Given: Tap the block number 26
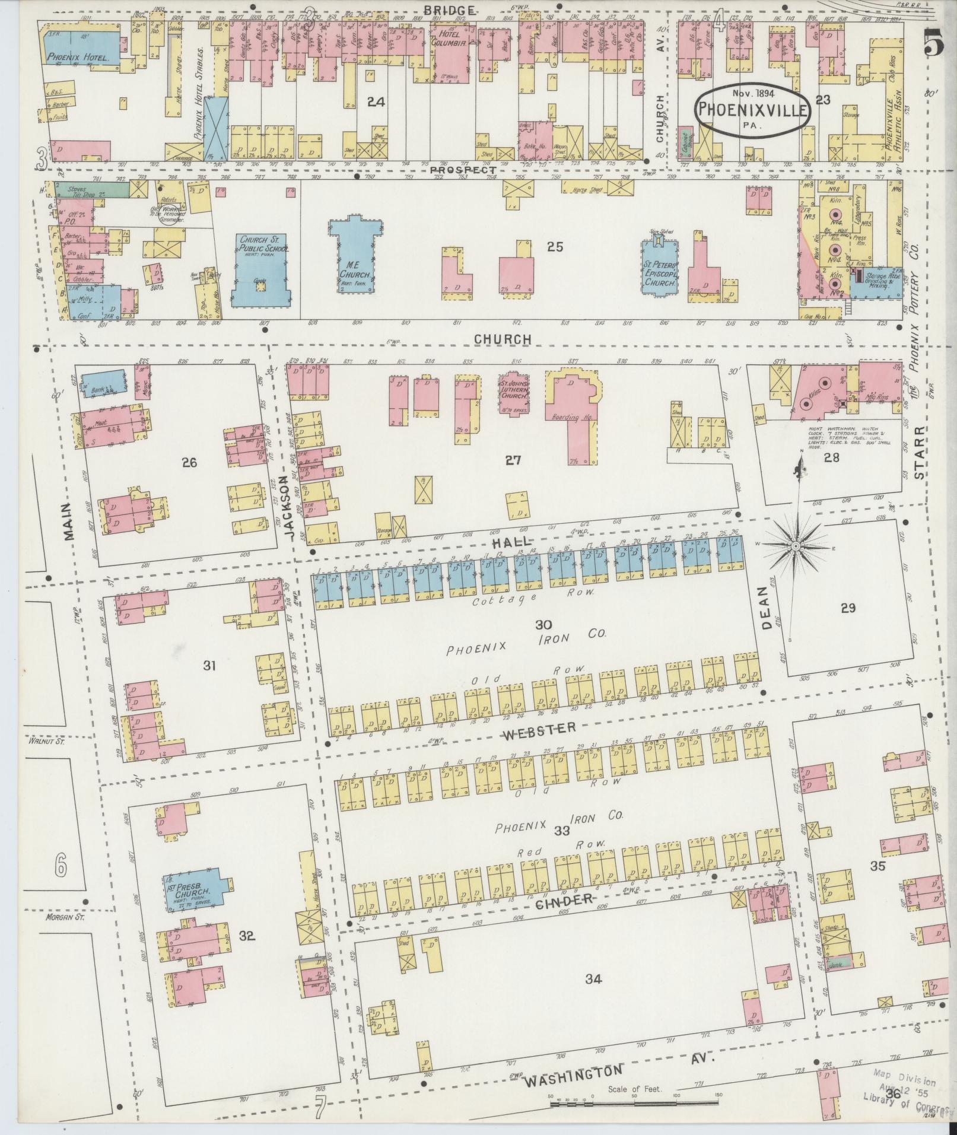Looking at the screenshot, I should click(189, 462).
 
